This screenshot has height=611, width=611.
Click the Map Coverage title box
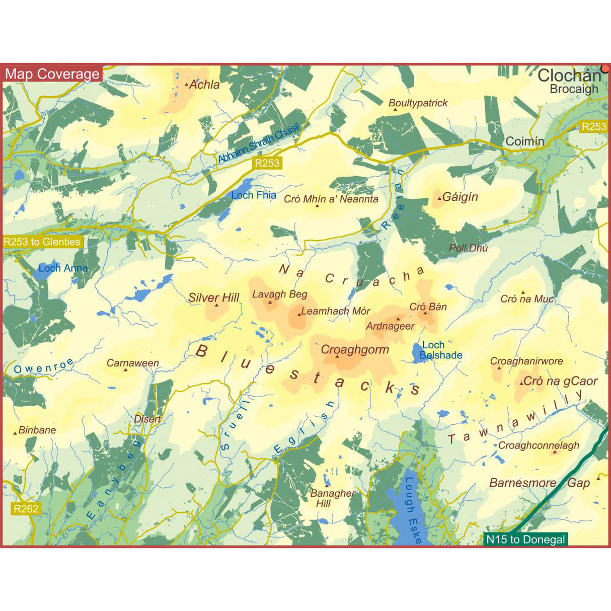point(52,74)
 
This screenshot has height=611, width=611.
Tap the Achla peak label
point(204,85)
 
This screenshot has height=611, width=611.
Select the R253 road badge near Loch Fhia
point(267,163)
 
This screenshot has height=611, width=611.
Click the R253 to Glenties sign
point(42,242)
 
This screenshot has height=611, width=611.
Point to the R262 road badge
point(26,508)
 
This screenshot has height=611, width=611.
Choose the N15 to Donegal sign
point(525,540)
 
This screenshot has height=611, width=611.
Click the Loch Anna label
point(63,268)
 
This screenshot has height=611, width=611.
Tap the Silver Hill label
point(214,297)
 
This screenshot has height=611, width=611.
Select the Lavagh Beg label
point(279,294)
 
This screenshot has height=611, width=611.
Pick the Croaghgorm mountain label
point(355,349)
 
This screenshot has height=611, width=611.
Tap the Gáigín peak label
point(460,197)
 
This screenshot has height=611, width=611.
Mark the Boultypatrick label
point(418,103)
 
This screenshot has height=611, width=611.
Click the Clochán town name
point(569,75)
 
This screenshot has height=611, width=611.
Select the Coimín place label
point(524,141)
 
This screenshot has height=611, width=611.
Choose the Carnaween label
point(133,363)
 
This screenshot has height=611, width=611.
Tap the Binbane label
point(37,430)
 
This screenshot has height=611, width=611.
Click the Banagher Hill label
point(332,498)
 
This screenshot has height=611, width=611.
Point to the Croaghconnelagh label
point(539,445)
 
